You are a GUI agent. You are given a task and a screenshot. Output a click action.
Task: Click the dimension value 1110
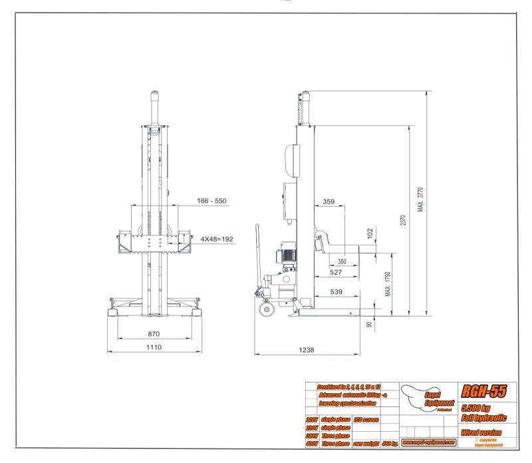point(155,347)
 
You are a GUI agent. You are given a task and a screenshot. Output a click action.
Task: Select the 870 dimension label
point(154,333)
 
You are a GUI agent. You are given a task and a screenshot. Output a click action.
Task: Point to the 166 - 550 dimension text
point(211,201)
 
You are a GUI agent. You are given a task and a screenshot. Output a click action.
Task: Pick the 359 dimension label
point(329,201)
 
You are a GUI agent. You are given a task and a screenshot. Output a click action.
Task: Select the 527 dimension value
point(336,272)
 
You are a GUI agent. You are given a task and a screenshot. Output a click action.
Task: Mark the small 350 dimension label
point(342,261)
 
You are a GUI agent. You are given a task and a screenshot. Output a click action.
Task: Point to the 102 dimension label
point(370,233)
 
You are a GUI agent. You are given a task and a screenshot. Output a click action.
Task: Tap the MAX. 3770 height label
point(420,200)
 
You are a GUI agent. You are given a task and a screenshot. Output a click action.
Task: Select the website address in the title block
point(428,442)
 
